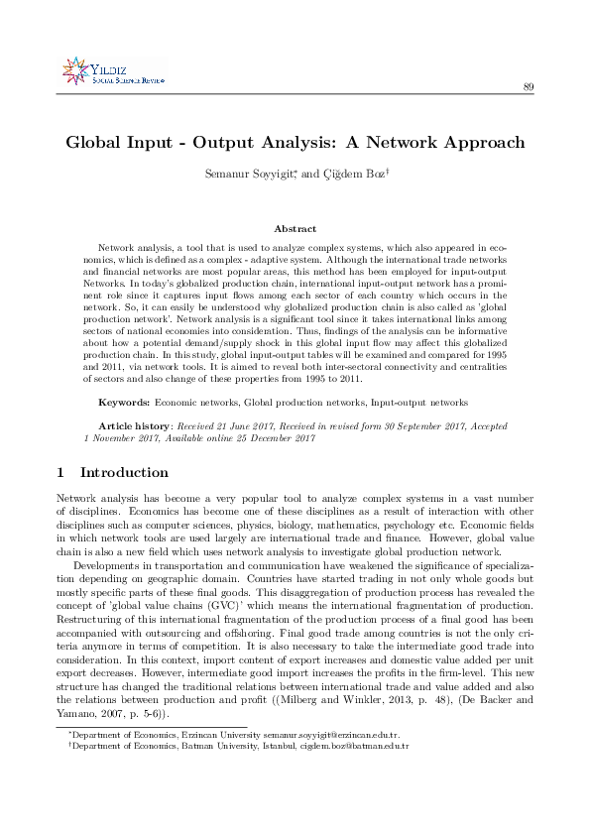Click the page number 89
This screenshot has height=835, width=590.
[x=529, y=88]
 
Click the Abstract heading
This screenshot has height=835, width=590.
[x=295, y=229]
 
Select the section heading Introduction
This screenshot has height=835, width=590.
[x=123, y=472]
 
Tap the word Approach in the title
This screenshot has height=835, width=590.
[x=479, y=143]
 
